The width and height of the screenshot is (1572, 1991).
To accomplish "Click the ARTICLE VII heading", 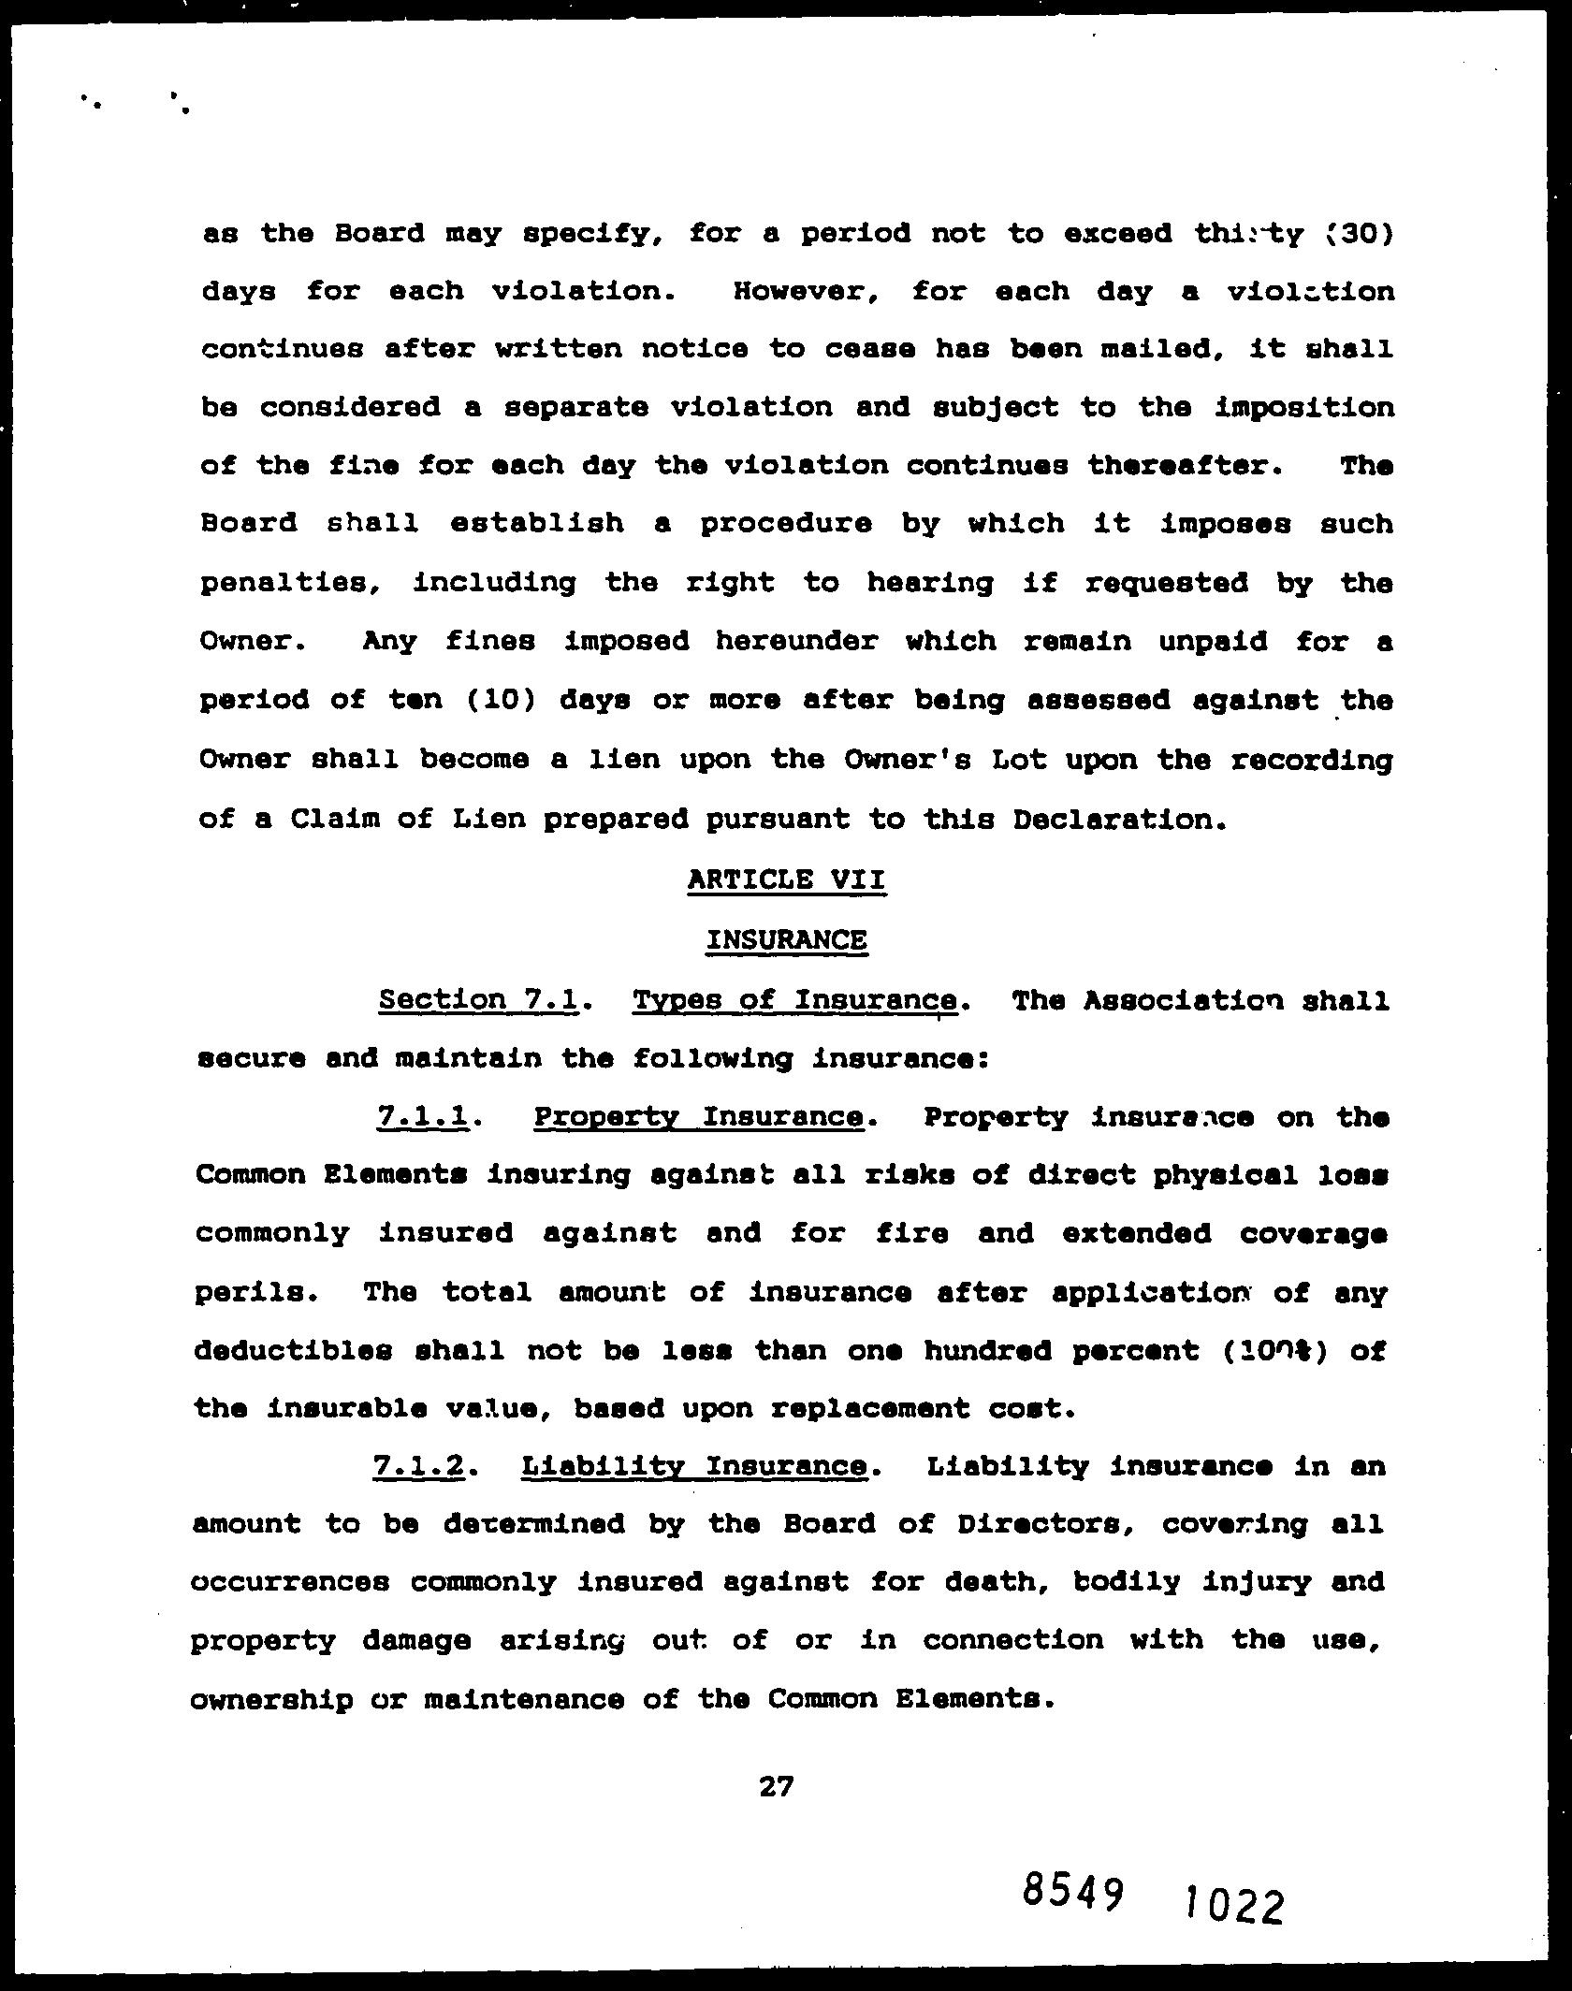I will tap(786, 879).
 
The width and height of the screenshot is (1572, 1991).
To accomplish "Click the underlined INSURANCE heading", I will tap(786, 938).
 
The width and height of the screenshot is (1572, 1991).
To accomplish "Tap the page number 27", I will tap(777, 1787).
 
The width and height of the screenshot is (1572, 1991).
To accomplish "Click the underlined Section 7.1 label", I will tap(478, 1000).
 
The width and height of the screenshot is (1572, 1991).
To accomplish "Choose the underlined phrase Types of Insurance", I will tap(795, 1001).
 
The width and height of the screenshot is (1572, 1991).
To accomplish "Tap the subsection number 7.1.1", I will tap(422, 1117).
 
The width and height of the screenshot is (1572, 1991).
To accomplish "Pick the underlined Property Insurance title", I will tap(699, 1117).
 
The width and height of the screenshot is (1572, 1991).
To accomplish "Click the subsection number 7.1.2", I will tap(419, 1466).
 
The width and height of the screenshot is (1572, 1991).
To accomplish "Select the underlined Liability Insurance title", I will tap(693, 1466).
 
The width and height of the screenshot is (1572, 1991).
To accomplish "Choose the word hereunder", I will tap(797, 642).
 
